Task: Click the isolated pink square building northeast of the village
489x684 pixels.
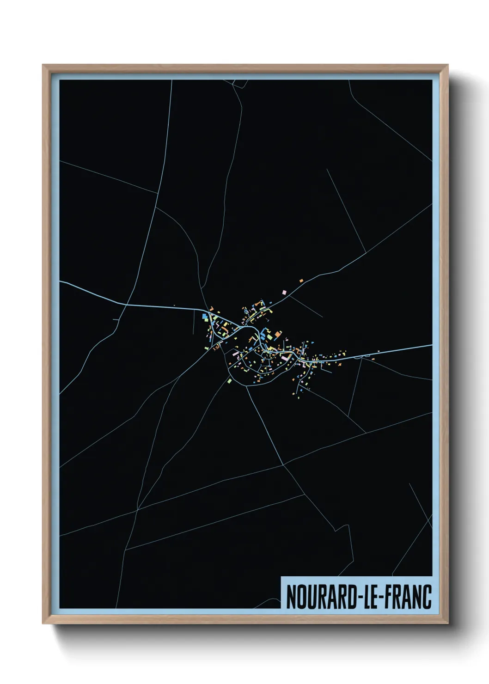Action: pyautogui.click(x=284, y=292)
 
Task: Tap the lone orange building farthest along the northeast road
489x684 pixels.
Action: pyautogui.click(x=301, y=280)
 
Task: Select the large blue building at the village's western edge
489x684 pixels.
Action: pyautogui.click(x=204, y=316)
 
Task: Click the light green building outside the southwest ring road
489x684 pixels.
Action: pyautogui.click(x=229, y=381)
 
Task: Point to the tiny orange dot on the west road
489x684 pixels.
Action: pyautogui.click(x=174, y=305)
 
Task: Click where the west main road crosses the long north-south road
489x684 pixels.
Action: pyautogui.click(x=126, y=304)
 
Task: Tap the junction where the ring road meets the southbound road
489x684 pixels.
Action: pyautogui.click(x=247, y=385)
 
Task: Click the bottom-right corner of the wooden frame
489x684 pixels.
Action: pyautogui.click(x=447, y=623)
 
